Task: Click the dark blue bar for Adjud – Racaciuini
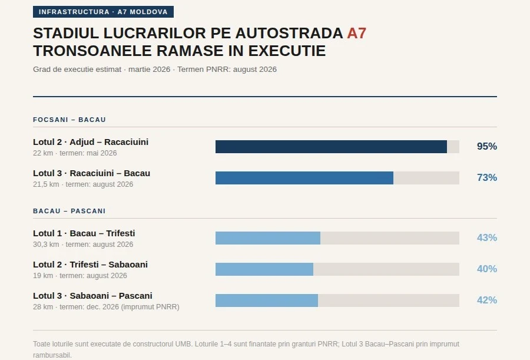(331, 147)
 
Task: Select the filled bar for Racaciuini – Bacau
(304, 178)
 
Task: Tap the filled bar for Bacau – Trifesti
(267, 238)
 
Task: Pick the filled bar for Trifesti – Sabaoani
(264, 269)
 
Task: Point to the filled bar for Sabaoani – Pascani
(266, 300)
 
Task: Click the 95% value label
(486, 147)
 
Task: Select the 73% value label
(486, 178)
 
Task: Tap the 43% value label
(486, 238)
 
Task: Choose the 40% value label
(486, 269)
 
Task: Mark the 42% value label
(486, 300)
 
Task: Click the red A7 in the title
(356, 33)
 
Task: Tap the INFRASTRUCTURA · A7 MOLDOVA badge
(103, 12)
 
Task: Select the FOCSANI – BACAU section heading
(69, 120)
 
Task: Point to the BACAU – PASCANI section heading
(69, 211)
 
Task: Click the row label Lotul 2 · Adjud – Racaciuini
(91, 142)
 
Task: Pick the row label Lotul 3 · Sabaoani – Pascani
(92, 296)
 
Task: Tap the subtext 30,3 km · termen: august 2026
(83, 245)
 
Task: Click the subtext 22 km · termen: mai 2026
(75, 153)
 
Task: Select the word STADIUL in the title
(64, 33)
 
